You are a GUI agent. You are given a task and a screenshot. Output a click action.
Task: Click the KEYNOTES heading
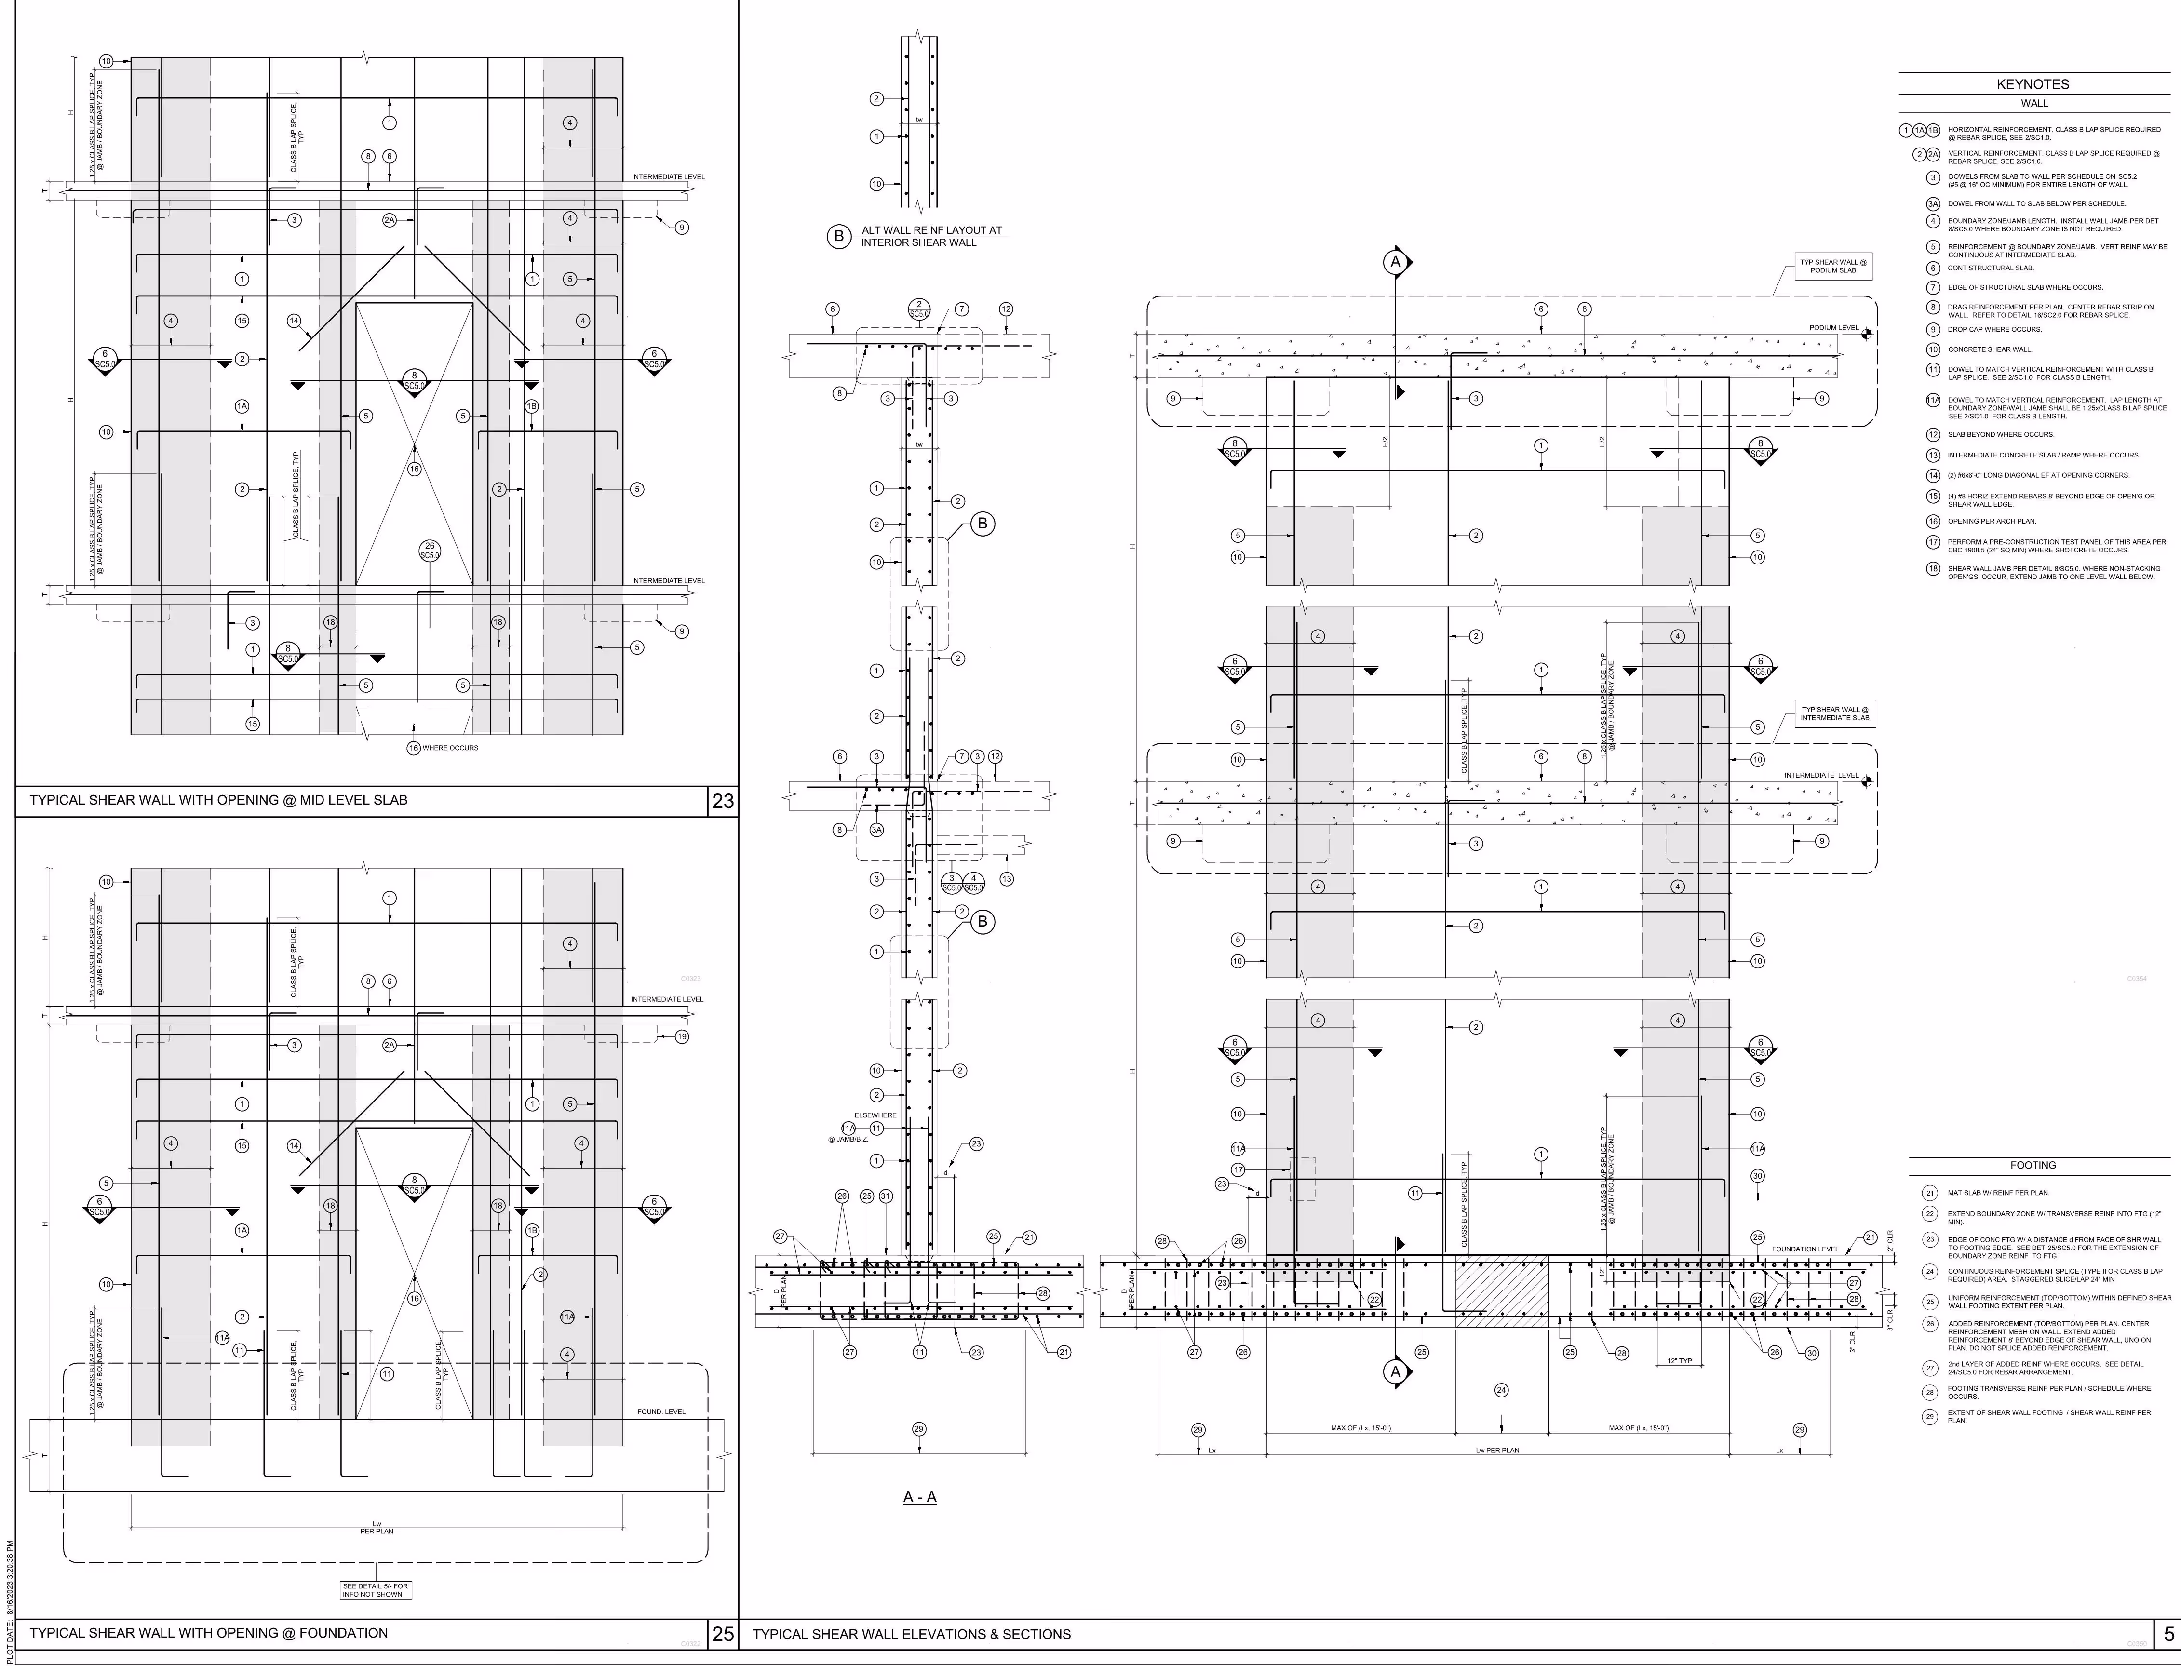coord(2033,84)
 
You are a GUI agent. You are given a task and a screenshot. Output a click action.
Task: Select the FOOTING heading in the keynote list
coord(2033,1165)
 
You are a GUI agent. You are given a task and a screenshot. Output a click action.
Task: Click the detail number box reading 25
coord(723,1633)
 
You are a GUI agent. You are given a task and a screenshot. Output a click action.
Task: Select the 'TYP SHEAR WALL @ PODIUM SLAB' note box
coord(1833,266)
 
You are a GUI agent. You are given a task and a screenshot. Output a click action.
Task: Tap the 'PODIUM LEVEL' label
coord(1834,327)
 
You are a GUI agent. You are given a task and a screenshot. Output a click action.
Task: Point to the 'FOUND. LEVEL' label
coord(660,1411)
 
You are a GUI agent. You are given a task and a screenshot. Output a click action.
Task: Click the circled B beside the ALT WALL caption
coord(839,236)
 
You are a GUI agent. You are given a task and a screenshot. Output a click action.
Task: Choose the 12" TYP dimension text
coord(1679,1360)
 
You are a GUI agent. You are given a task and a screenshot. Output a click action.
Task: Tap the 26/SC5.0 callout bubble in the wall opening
coord(430,551)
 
